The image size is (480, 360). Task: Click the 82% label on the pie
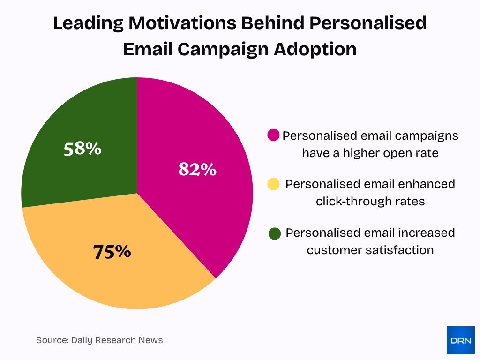click(x=197, y=169)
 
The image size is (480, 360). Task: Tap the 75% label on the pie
click(x=112, y=252)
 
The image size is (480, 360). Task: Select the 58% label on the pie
click(x=82, y=149)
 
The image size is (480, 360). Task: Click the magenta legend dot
click(x=273, y=135)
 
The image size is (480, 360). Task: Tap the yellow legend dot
click(x=273, y=184)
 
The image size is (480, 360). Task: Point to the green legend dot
click(x=275, y=233)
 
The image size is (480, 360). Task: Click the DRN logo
click(x=460, y=340)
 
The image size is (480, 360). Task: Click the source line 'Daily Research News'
click(x=117, y=340)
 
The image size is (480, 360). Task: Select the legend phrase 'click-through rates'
click(x=370, y=202)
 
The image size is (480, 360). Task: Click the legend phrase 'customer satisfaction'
click(x=370, y=250)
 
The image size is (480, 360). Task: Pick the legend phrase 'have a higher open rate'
click(x=370, y=153)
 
